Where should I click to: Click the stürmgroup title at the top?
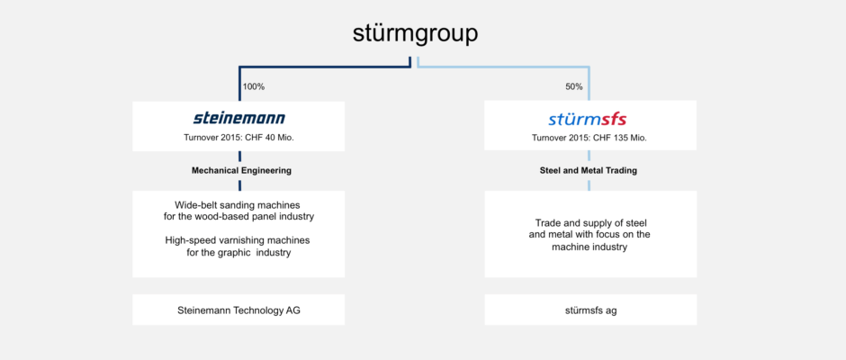415,34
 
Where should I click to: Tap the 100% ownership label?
254,86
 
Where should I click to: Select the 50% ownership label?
574,86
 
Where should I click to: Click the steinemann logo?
239,118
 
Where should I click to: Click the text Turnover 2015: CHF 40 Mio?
239,138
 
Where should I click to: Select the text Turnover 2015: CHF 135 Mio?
589,138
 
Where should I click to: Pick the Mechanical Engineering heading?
242,171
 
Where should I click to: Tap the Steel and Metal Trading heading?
589,171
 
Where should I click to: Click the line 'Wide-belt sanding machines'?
238,205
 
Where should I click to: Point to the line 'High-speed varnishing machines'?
238,239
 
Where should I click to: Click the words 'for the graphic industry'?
235,252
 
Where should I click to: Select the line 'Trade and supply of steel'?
590,222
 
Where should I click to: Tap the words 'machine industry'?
589,247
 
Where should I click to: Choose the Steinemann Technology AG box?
238,310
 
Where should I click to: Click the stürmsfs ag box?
590,310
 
